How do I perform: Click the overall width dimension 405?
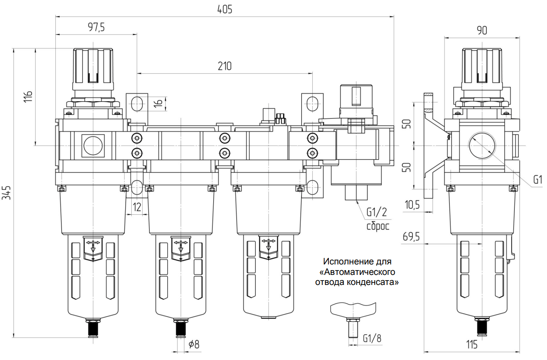[x=225, y=10]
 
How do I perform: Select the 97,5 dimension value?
[x=96, y=27]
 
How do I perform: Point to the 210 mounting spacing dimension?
[x=225, y=66]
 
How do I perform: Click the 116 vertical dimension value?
[x=28, y=97]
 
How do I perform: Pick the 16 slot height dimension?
[x=158, y=103]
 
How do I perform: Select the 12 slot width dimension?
[x=137, y=207]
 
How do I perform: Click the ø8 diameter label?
[x=194, y=344]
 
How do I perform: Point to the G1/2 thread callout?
[x=377, y=212]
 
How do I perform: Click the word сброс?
[x=378, y=226]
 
